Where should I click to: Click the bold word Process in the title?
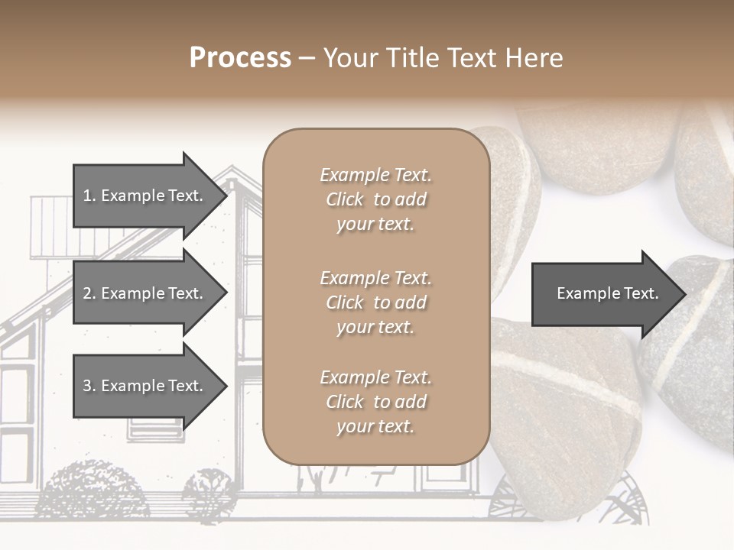point(240,58)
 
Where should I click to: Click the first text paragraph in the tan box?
point(375,199)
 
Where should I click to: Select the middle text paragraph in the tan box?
point(375,302)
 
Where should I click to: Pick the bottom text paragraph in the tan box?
point(375,402)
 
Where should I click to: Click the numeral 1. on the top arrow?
point(89,196)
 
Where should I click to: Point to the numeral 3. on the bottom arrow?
point(89,386)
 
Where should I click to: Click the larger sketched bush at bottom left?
point(92,489)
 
